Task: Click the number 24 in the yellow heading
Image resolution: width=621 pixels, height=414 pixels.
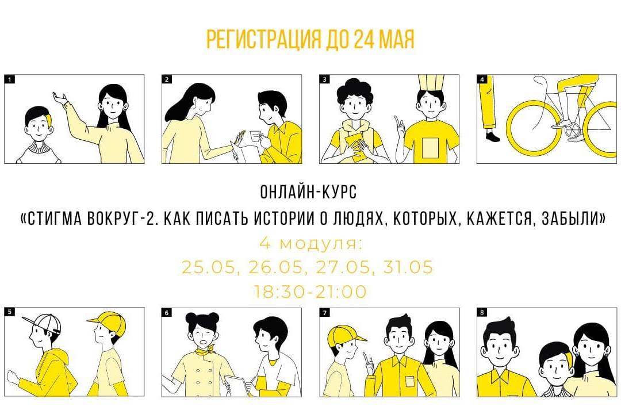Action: tap(363, 39)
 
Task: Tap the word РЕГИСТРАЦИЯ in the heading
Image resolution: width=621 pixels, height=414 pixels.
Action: tap(264, 39)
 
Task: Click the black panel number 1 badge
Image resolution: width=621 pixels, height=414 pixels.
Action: tap(10, 79)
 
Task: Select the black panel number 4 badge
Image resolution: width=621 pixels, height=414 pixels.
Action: tap(482, 79)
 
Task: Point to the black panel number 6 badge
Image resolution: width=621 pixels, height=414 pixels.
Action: tap(167, 313)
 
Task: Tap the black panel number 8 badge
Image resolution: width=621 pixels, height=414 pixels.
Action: tap(482, 312)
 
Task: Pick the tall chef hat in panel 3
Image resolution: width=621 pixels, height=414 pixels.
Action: tap(431, 84)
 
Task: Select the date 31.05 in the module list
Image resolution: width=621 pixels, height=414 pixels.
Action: tap(408, 267)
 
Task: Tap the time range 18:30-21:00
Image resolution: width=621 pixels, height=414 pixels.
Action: tap(310, 292)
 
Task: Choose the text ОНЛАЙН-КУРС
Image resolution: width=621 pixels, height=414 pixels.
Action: tap(309, 191)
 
